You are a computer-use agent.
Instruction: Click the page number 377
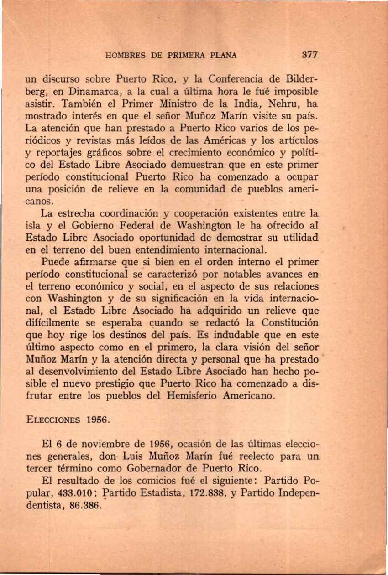[x=309, y=56]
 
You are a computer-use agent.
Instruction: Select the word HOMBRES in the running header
[x=122, y=56]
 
